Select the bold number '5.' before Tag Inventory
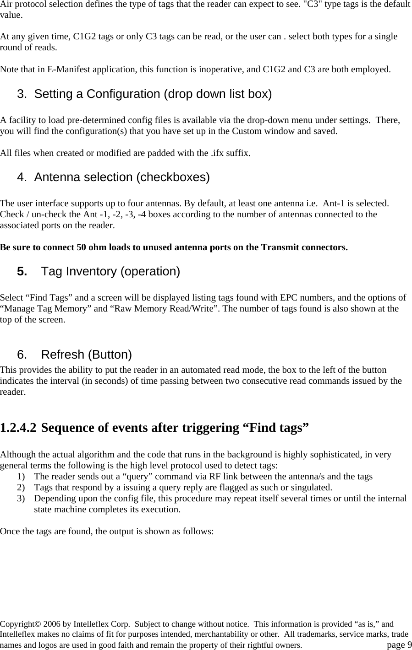(22, 272)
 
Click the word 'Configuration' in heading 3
(123, 94)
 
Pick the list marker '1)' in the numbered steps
(21, 477)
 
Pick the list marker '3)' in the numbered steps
(21, 499)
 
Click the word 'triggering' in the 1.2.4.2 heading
(209, 428)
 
